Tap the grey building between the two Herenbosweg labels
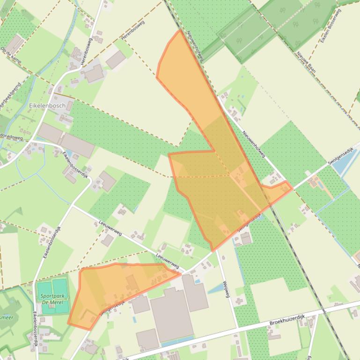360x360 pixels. (x=116, y=59)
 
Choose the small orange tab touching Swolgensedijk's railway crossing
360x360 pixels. (x=278, y=191)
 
